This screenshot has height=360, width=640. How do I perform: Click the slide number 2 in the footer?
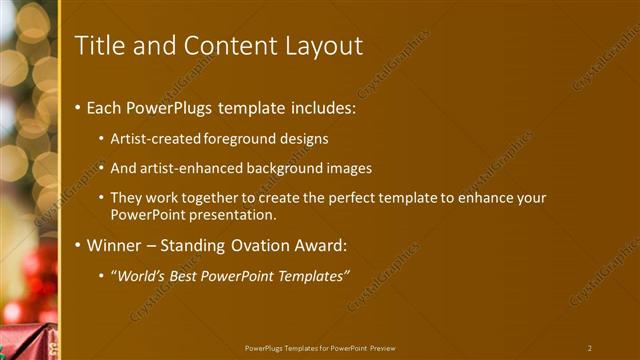point(590,348)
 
